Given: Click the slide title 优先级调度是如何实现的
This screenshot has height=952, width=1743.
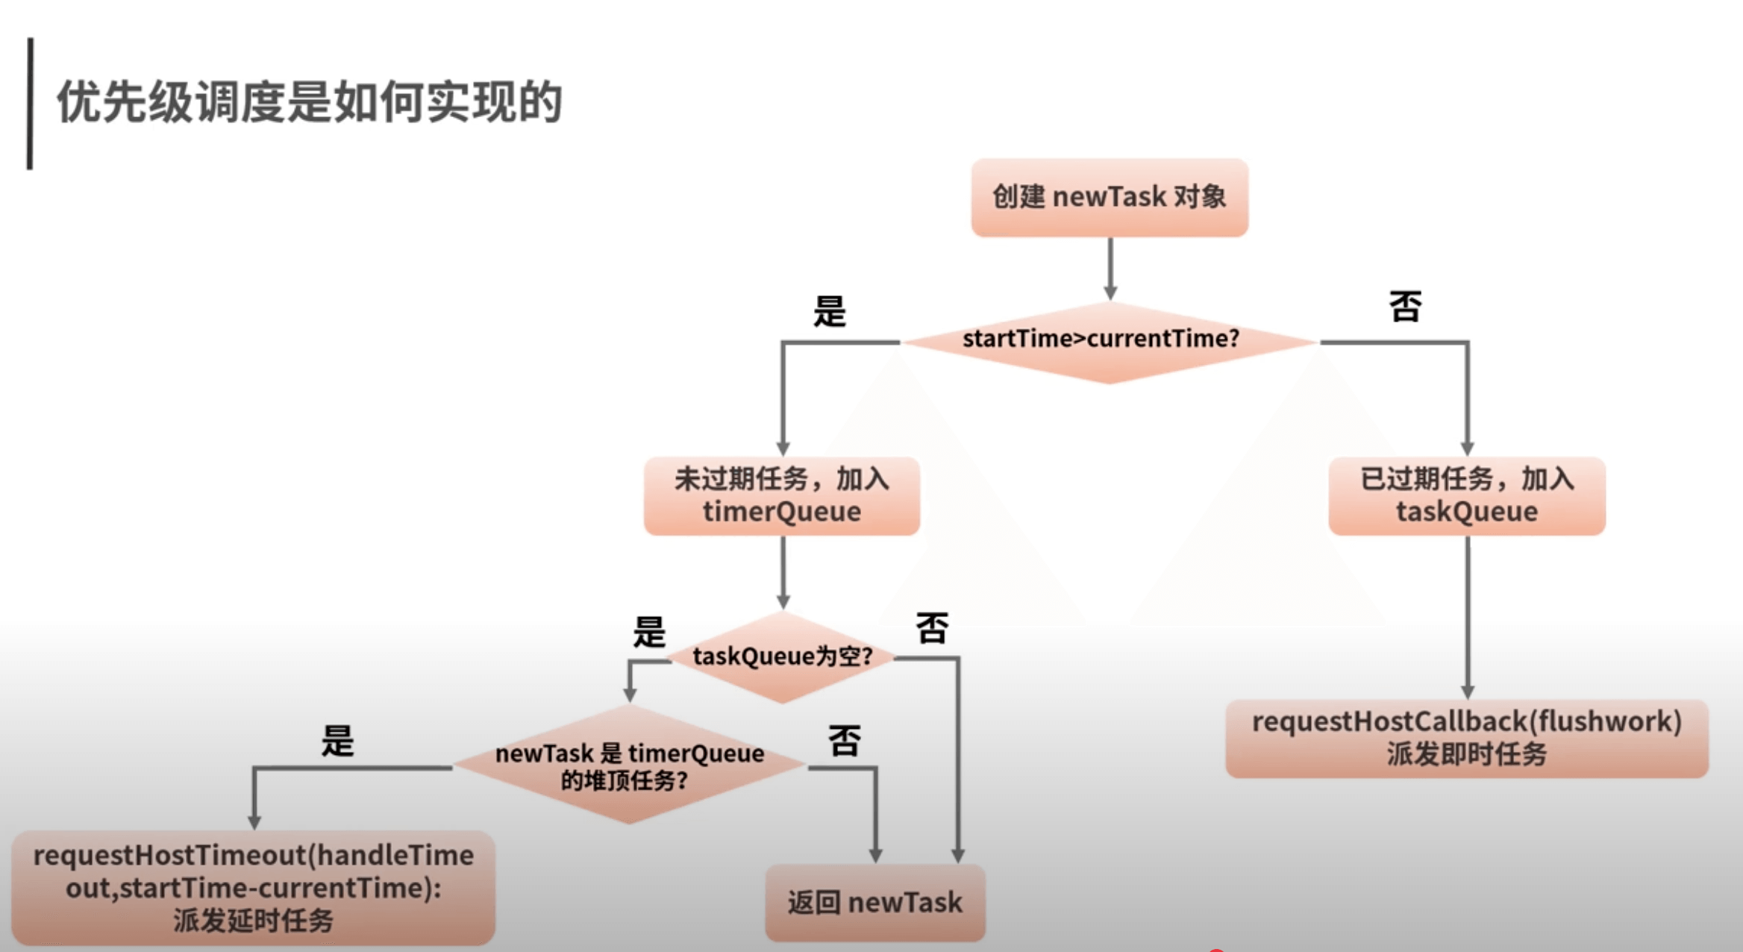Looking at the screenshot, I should pos(310,101).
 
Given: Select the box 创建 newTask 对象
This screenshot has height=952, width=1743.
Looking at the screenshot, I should pos(1109,197).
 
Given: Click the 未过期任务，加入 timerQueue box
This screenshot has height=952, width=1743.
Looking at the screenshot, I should pos(782,495).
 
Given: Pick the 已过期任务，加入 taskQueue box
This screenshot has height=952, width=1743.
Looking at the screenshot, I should pos(1467,495).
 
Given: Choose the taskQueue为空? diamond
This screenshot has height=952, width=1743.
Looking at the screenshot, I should pos(782,657).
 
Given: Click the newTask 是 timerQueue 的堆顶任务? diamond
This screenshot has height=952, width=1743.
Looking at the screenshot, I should pos(629,765).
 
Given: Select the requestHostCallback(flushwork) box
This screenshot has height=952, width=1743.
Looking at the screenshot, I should pos(1467,738).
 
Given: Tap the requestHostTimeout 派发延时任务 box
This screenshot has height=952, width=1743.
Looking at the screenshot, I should pos(254,887).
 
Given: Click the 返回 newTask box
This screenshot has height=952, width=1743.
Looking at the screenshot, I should pos(875,903).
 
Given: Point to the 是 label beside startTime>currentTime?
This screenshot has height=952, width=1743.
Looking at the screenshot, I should pos(829,311).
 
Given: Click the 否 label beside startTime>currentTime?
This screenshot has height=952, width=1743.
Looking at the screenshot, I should pos(1405,307).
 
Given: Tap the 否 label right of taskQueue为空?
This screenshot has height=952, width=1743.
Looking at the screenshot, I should pos(932,628).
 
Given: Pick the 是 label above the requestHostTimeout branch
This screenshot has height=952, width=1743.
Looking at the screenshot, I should pos(337,742).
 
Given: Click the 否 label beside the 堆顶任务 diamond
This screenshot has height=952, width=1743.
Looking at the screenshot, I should pos(844,741).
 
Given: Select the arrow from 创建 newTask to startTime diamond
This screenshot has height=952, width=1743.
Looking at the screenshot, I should pos(1110,269).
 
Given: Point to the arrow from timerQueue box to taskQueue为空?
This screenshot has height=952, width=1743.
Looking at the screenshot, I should pos(783,571).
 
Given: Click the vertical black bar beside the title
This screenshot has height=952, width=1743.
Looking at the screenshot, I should pos(30,104).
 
